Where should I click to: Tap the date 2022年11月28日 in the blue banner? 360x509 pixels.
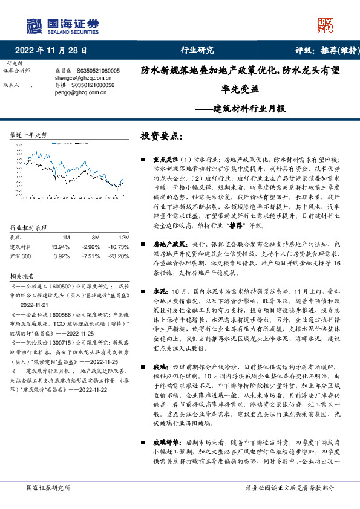55,51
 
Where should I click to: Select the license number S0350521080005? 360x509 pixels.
99,71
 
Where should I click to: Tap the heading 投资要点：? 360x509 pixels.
161,137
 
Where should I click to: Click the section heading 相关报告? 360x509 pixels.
23,274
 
